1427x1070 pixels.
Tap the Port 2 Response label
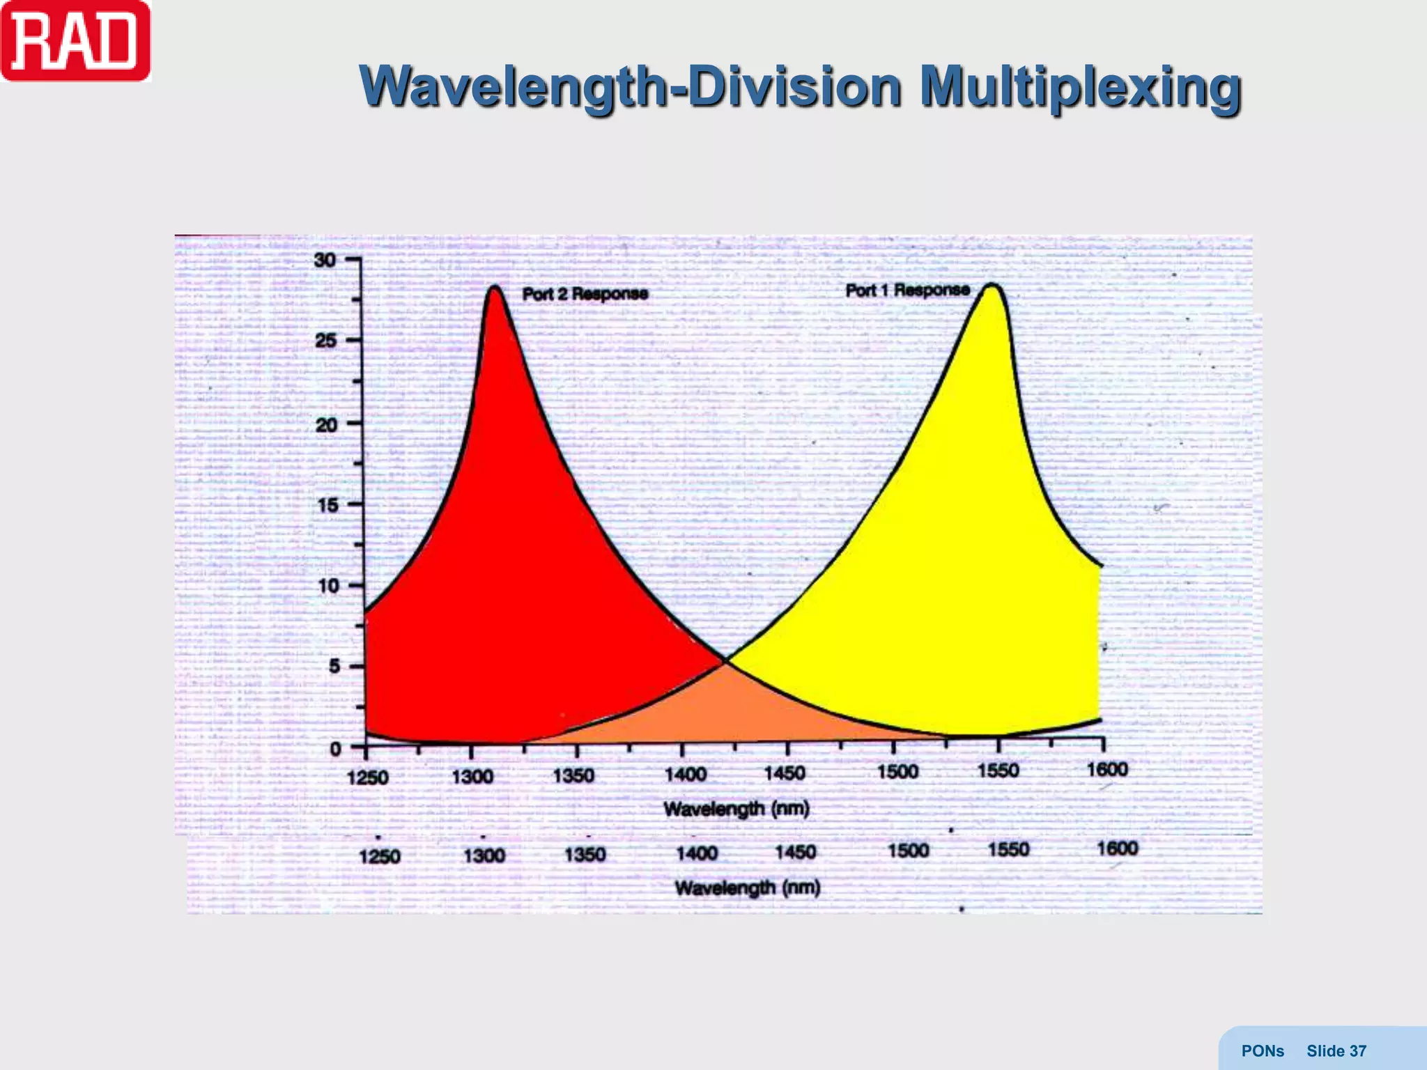click(585, 294)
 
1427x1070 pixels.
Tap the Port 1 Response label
click(907, 290)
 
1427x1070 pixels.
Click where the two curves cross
click(725, 660)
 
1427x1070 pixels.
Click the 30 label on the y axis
click(325, 261)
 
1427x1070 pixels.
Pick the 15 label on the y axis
click(327, 505)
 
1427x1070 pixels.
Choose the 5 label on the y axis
click(334, 667)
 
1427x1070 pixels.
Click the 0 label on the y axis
click(335, 749)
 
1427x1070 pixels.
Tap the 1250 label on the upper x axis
click(367, 777)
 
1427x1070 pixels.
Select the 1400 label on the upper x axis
click(686, 775)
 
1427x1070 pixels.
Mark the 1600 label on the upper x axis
click(1106, 770)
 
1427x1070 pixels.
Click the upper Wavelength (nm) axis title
click(736, 809)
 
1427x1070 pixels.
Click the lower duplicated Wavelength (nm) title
click(747, 887)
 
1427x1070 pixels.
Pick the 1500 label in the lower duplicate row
click(908, 851)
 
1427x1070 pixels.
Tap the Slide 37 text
click(1336, 1051)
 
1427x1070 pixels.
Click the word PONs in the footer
click(1262, 1051)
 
